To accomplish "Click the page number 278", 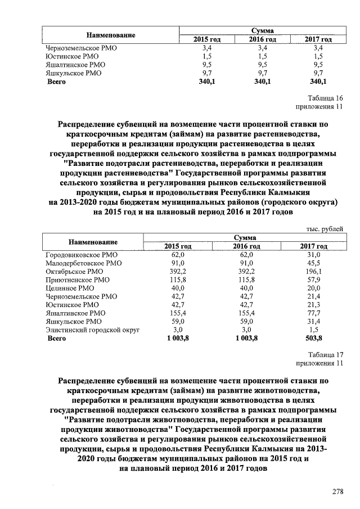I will tap(337, 492).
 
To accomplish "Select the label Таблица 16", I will tap(325, 98).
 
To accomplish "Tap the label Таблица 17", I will tap(325, 354).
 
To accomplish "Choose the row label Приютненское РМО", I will tap(78, 280).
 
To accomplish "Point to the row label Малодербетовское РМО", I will tap(83, 263).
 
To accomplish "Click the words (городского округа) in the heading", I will tap(299, 201).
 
